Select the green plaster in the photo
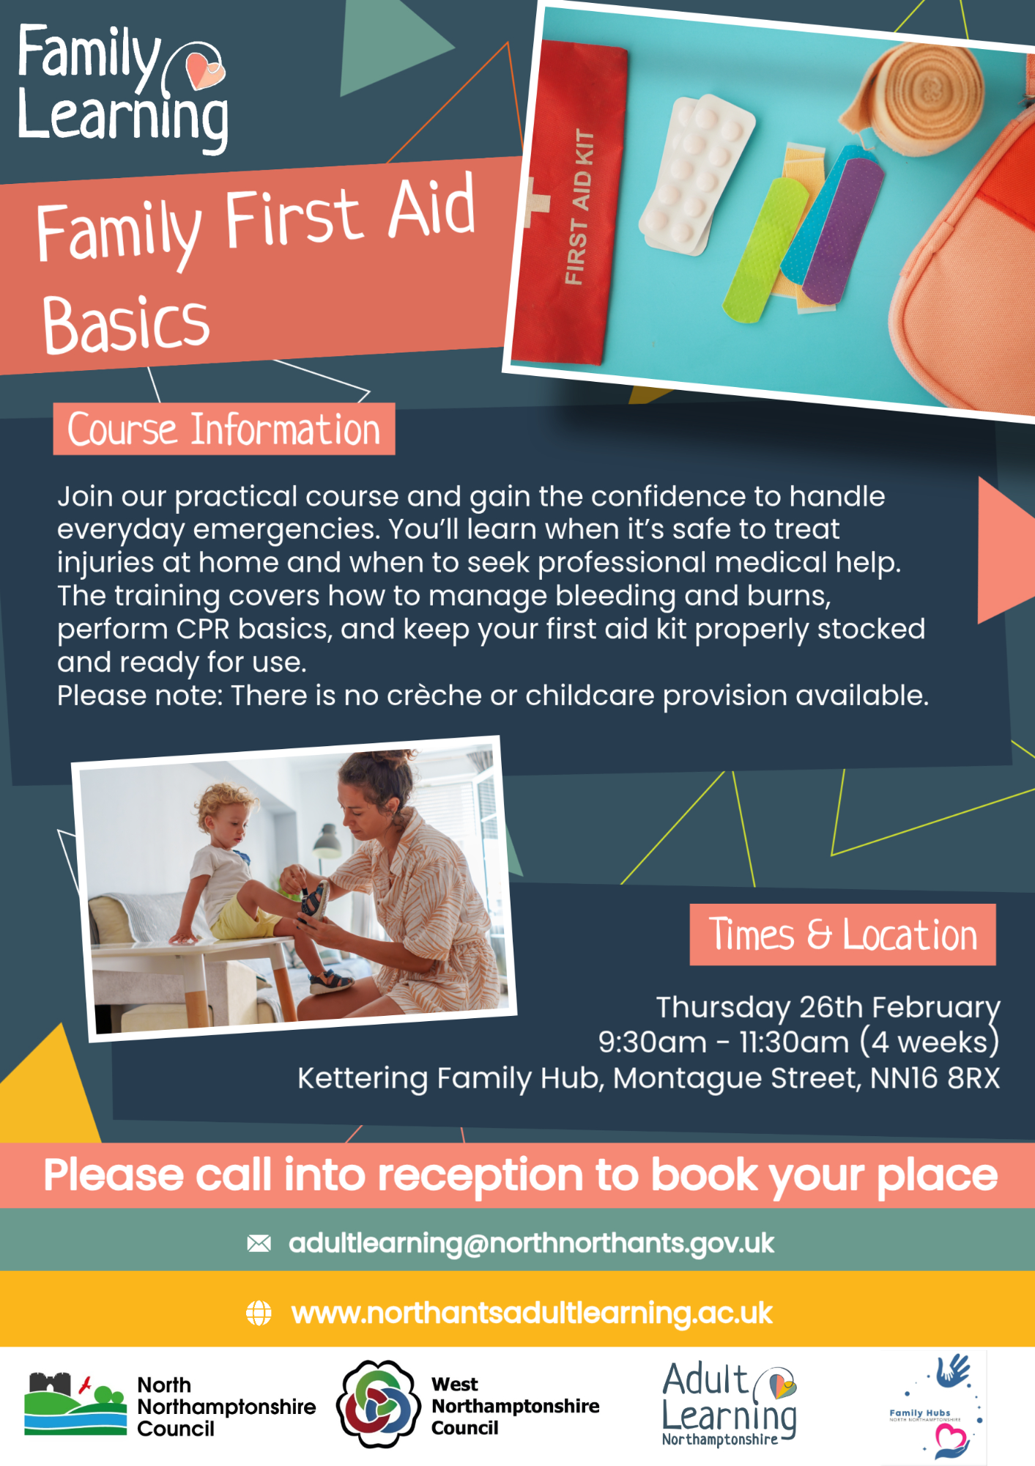point(765,250)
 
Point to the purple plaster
point(843,230)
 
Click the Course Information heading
point(224,429)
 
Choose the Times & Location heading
point(842,935)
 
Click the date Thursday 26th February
point(828,1007)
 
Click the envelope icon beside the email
point(259,1243)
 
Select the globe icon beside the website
point(259,1313)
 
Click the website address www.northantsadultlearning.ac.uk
point(532,1313)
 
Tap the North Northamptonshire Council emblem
point(75,1404)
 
